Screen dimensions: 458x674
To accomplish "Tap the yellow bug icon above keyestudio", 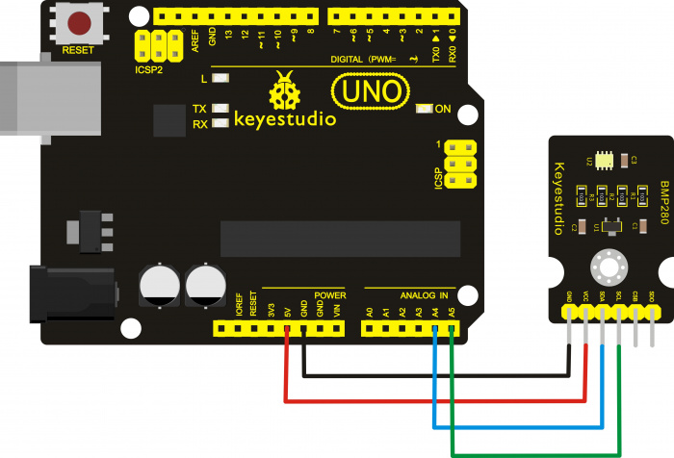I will [x=284, y=92].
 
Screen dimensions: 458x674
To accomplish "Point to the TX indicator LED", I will [x=221, y=108].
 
